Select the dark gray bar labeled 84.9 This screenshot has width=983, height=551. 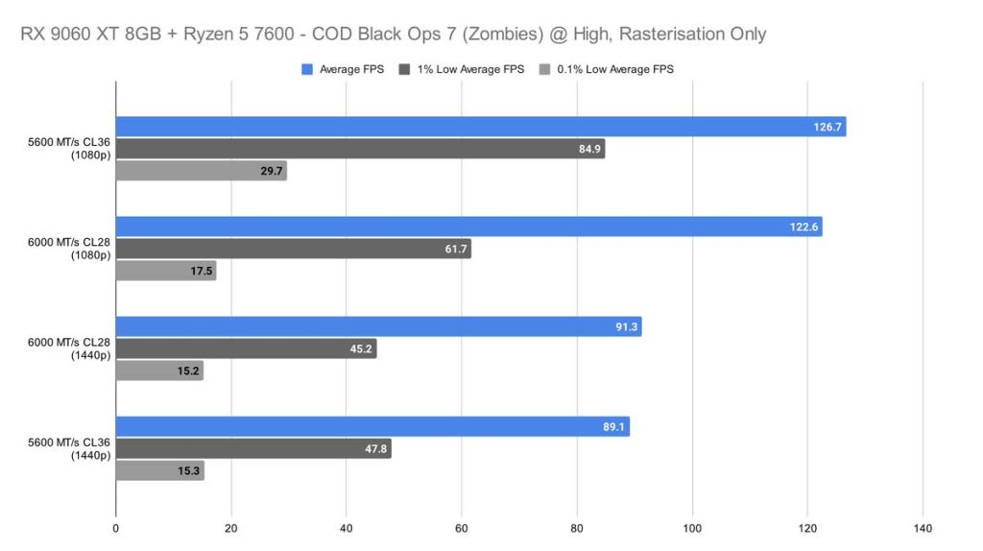(360, 149)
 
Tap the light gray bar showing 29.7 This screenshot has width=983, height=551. (202, 171)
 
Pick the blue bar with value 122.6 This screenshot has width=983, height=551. (468, 227)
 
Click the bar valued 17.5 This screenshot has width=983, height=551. (166, 272)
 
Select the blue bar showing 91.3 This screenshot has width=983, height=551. (378, 327)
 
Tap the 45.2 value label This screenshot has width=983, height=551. (359, 349)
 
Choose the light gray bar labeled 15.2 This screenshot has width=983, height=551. (159, 371)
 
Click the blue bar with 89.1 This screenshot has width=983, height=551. (372, 427)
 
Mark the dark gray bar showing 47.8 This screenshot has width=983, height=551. (253, 449)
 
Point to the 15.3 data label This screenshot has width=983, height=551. (187, 471)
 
